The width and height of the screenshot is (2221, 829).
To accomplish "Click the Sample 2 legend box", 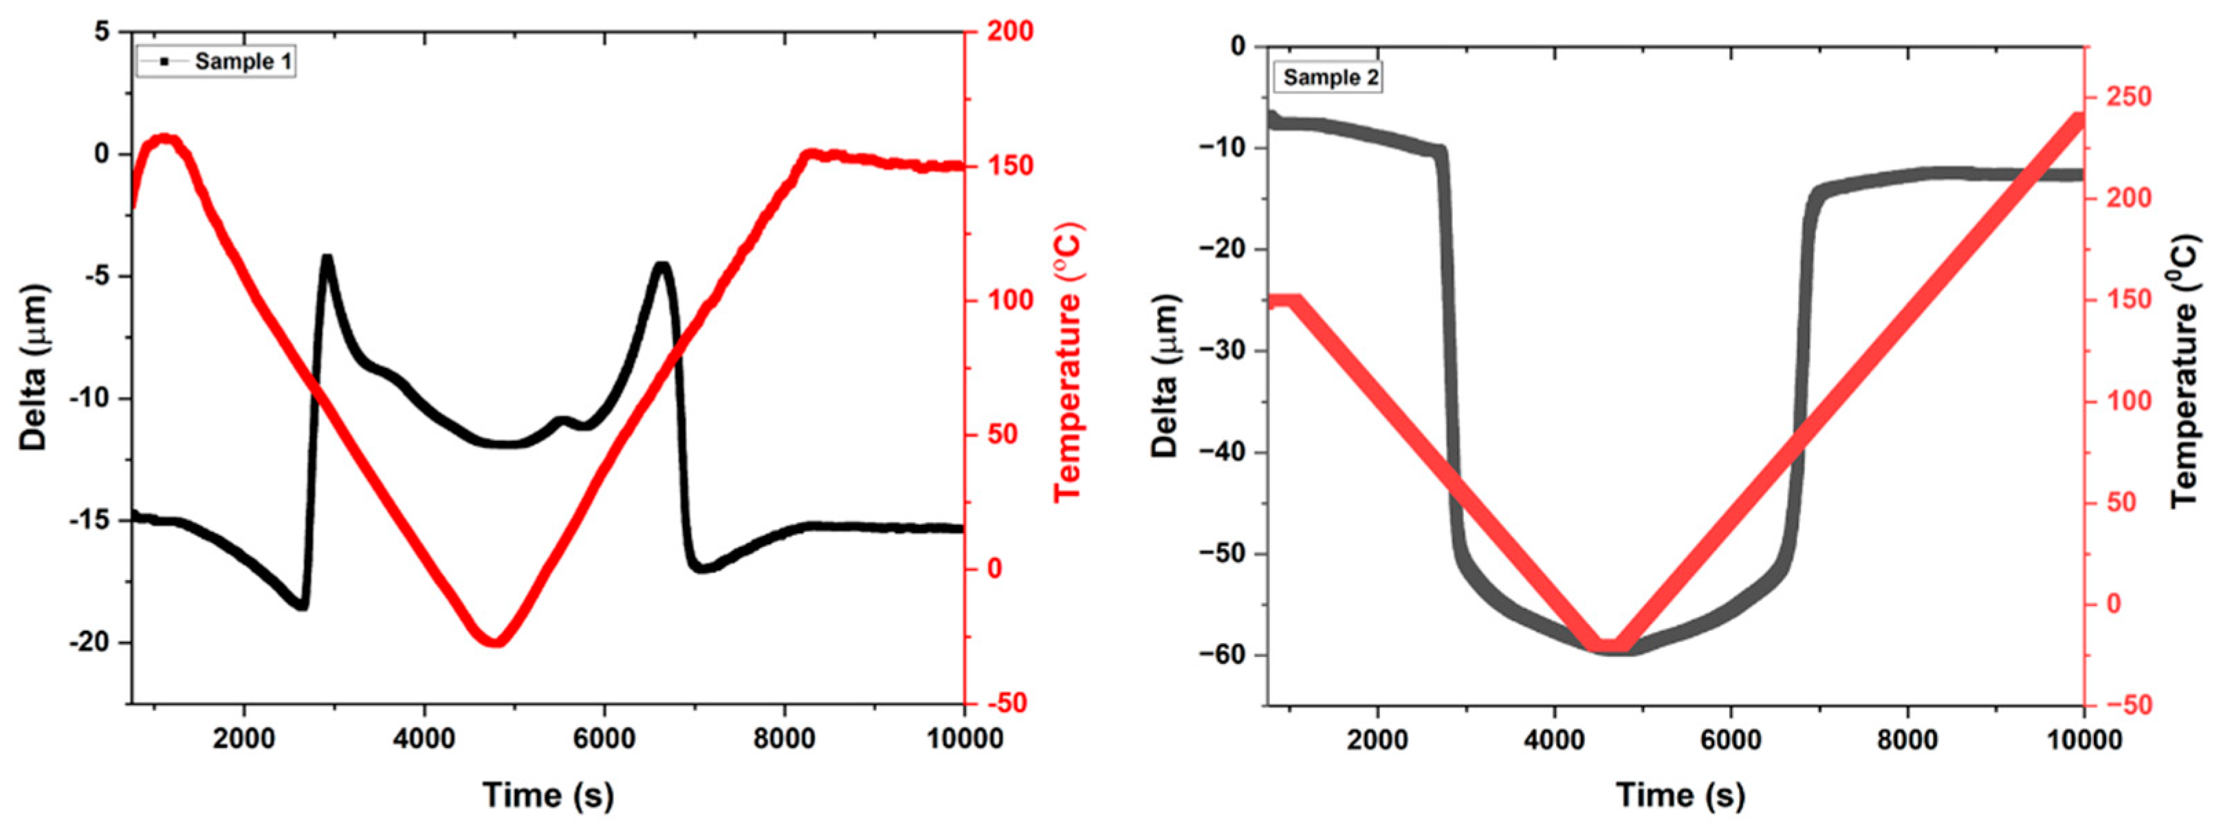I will pos(1328,78).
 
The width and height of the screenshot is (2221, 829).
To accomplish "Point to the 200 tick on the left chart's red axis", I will pos(1009,32).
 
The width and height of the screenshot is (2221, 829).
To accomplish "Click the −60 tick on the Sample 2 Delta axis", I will pos(1222,655).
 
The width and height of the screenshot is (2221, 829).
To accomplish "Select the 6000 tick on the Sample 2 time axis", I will pos(1731,740).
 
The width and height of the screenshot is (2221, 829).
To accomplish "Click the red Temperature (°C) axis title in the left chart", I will pos(1067,363).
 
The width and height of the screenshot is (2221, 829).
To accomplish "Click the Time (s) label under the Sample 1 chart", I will pos(547,795).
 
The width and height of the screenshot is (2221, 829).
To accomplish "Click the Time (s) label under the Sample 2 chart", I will pos(1680,795).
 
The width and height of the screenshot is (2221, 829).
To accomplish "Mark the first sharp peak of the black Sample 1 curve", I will pos(327,257).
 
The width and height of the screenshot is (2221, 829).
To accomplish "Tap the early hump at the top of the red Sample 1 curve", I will pos(164,139).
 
